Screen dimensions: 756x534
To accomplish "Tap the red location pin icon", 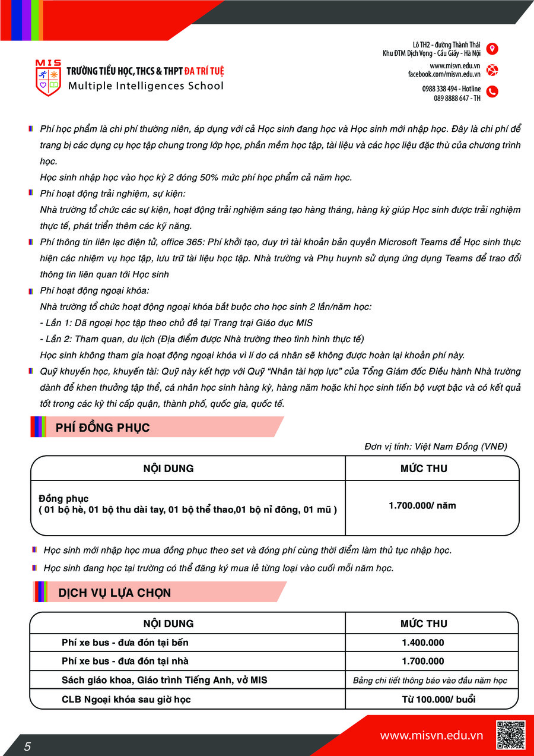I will click(x=492, y=49).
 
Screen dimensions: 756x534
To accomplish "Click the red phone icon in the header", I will click(x=492, y=91).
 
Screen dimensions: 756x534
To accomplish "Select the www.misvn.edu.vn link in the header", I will click(x=455, y=66).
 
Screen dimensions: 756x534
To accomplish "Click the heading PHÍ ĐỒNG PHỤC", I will click(x=103, y=428).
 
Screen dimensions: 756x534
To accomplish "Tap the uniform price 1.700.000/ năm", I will click(x=422, y=506).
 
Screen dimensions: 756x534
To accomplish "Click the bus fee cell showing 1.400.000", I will click(x=422, y=643).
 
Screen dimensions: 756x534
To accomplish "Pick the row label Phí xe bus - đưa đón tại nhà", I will click(x=125, y=661).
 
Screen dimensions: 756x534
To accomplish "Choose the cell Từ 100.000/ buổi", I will click(x=430, y=699).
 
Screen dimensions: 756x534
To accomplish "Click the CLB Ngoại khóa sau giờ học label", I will click(x=126, y=699).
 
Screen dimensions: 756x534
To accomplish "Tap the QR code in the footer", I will click(x=510, y=735).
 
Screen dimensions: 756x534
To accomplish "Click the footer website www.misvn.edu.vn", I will click(x=431, y=736).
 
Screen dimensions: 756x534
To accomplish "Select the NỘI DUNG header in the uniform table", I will click(x=169, y=469).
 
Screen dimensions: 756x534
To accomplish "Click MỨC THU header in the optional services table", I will click(x=424, y=624).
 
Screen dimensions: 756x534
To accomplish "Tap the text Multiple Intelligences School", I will click(x=146, y=86).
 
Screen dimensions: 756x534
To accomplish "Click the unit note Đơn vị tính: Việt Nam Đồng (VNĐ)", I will click(x=436, y=447).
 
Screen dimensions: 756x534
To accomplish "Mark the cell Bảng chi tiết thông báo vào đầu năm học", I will click(x=430, y=681).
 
